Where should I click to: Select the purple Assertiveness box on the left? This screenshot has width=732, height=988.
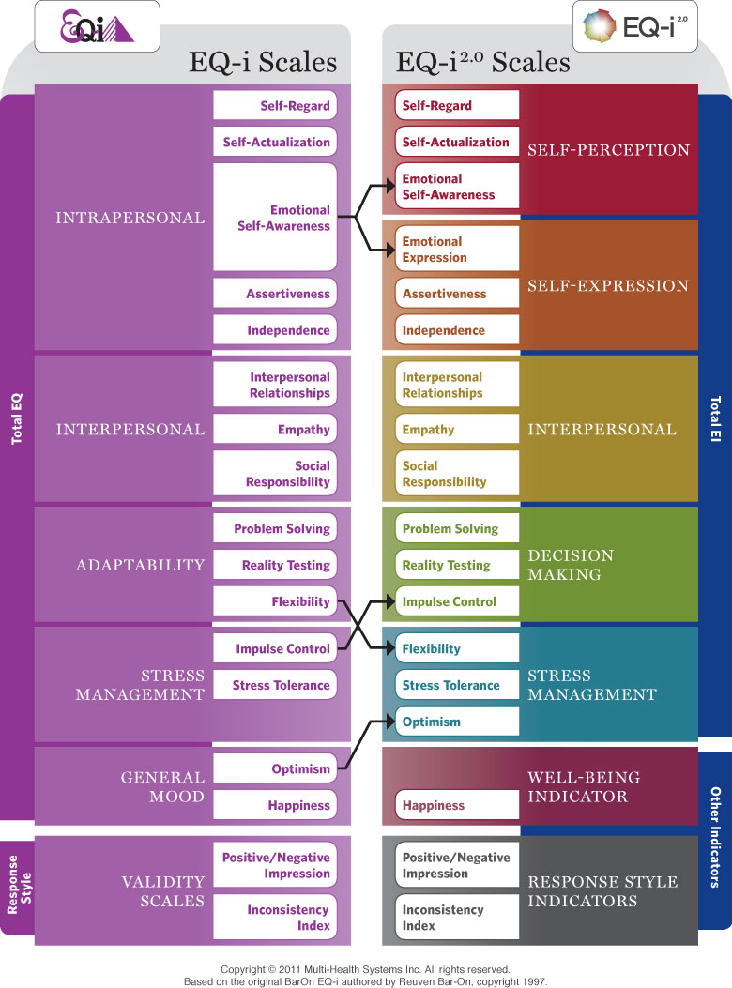(274, 294)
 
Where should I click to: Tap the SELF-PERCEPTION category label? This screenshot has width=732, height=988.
(608, 150)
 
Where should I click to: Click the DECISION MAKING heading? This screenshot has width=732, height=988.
(571, 565)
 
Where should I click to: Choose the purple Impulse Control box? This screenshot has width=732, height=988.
(274, 648)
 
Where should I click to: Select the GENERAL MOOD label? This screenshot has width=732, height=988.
(162, 786)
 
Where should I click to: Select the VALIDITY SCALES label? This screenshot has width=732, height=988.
(162, 891)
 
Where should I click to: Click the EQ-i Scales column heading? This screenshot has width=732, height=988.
(263, 63)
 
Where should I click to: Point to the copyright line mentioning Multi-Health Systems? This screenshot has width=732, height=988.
(365, 968)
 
